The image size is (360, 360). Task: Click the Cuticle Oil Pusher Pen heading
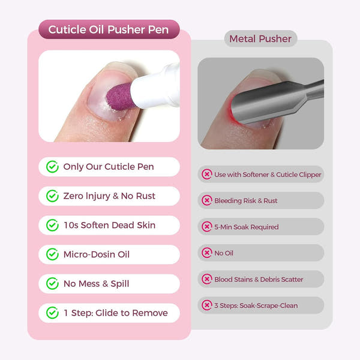[109, 29]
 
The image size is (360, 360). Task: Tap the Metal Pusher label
[260, 39]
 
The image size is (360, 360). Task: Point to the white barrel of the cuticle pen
[157, 87]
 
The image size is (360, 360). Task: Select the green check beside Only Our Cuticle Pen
[52, 167]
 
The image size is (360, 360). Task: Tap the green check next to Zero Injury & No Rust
[52, 196]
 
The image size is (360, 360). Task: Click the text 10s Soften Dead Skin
[109, 225]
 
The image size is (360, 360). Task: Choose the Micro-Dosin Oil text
[96, 254]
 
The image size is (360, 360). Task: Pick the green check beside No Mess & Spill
[52, 284]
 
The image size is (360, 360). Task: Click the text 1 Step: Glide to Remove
[115, 313]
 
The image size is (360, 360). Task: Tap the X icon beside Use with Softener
[207, 175]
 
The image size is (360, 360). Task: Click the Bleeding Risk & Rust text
[246, 200]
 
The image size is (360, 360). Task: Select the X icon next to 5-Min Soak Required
[207, 227]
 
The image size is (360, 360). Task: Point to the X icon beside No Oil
[207, 253]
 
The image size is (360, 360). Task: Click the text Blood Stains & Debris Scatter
[259, 279]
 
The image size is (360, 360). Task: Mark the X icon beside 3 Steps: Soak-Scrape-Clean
[207, 305]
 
